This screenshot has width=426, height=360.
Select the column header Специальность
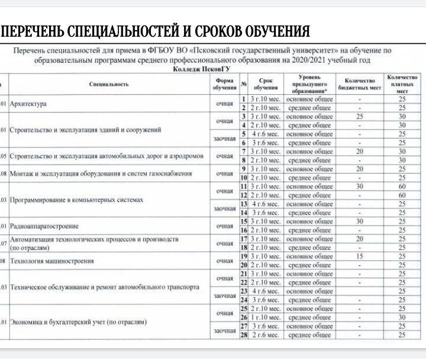pos(109,84)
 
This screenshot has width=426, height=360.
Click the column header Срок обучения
pos(265,84)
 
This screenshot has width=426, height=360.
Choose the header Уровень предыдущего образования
pos(309,84)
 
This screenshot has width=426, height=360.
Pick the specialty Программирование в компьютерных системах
pos(77,200)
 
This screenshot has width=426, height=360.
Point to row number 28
pos(243,336)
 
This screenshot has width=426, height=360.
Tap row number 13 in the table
pos(243,204)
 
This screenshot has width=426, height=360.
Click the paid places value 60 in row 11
pos(402,187)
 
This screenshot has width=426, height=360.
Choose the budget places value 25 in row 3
pos(359,117)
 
